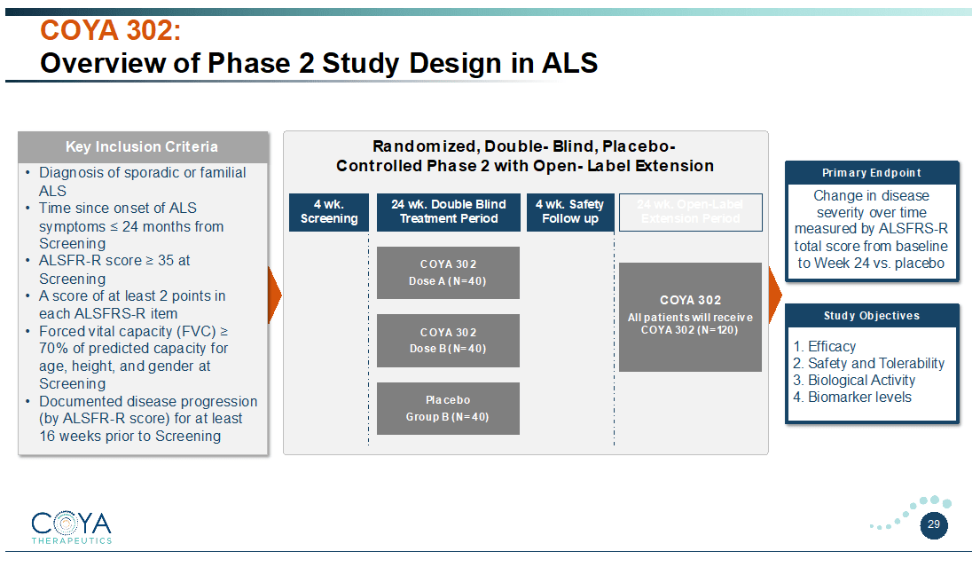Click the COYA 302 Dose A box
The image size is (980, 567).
[448, 272]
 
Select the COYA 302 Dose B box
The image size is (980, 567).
[448, 341]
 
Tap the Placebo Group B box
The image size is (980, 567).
[448, 408]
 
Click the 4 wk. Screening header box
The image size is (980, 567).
[329, 211]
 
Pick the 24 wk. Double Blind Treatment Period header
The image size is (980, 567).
[449, 211]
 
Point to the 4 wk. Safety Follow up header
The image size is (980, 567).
[569, 211]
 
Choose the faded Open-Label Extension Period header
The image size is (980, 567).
[690, 211]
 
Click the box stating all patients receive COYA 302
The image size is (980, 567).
[690, 316]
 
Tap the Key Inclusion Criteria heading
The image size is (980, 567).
[142, 146]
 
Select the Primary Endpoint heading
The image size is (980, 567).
[872, 173]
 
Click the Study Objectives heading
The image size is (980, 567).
[872, 316]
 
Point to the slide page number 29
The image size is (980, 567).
[934, 524]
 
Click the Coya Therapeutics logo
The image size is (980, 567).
[71, 526]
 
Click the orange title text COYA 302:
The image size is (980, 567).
[111, 31]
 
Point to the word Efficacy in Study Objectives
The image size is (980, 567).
[831, 347]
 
